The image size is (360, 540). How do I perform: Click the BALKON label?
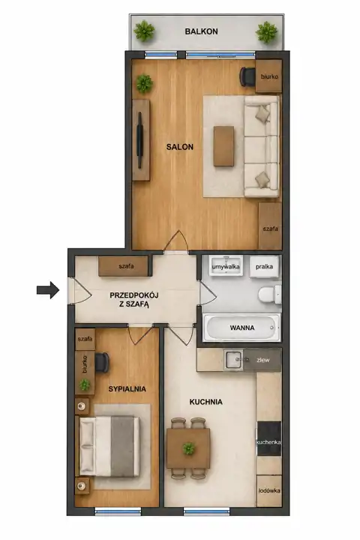(201, 31)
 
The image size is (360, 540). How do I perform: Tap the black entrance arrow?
(48, 290)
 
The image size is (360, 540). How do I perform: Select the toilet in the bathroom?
(270, 295)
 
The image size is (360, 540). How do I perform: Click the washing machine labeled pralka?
(264, 266)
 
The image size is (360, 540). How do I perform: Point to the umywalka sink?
(226, 265)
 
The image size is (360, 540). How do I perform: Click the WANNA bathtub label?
(242, 328)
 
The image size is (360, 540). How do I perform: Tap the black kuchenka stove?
(269, 439)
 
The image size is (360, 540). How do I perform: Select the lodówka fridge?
(269, 490)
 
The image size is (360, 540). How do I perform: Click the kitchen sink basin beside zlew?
(234, 360)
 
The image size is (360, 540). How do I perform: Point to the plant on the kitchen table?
(188, 448)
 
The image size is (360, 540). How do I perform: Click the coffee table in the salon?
(223, 146)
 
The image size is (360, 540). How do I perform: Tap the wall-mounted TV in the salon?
(139, 140)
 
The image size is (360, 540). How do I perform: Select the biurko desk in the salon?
(268, 76)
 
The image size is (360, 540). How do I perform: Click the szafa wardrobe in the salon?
(270, 226)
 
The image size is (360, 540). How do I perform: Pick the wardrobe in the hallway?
(124, 265)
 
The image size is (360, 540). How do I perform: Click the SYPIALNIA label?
(127, 389)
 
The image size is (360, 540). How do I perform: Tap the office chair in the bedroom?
(102, 362)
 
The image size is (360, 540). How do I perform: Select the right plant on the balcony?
(266, 32)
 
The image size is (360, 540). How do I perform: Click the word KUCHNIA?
(205, 402)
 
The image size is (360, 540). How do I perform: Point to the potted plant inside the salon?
(144, 83)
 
